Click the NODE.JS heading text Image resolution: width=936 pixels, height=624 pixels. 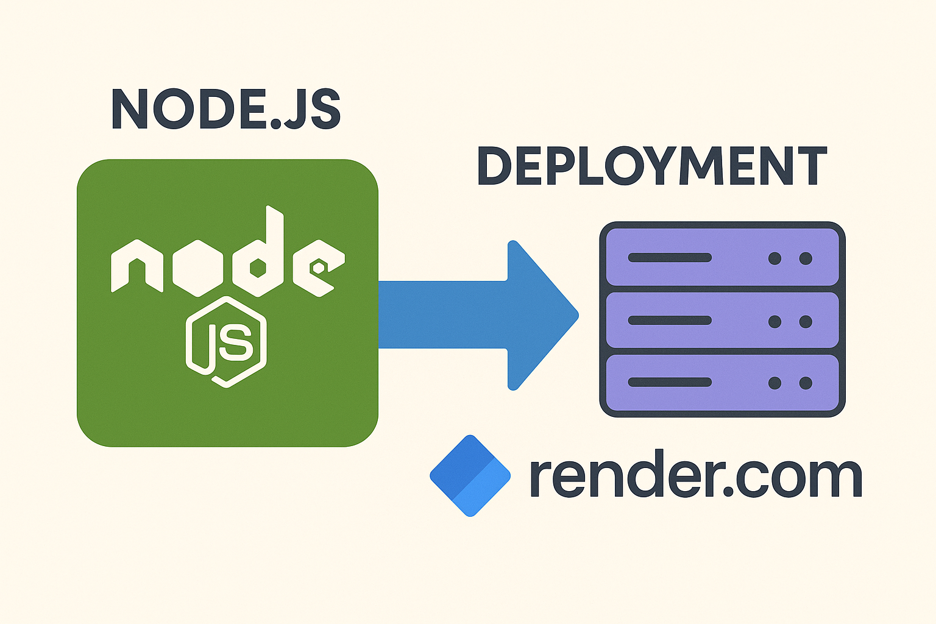(225, 109)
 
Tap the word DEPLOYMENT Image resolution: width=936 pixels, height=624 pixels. (651, 166)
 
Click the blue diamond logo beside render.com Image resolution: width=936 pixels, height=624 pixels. (470, 476)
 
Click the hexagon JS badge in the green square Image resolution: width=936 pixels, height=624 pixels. (226, 342)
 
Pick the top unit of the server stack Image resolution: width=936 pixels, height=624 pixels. (723, 257)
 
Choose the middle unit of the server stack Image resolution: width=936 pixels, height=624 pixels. (723, 321)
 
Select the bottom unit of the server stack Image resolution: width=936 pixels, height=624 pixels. (723, 383)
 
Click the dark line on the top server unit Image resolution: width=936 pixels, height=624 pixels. (670, 258)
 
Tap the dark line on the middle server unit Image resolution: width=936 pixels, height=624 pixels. (670, 321)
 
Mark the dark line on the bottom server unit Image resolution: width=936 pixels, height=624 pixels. (670, 383)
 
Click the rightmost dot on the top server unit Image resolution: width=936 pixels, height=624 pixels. (806, 258)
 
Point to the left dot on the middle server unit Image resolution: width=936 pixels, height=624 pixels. (775, 321)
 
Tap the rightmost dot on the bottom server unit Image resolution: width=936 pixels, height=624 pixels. (806, 383)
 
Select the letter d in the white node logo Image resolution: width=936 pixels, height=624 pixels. (258, 256)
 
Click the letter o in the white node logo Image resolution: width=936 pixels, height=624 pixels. (197, 268)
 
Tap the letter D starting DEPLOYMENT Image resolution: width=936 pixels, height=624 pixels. (494, 166)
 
